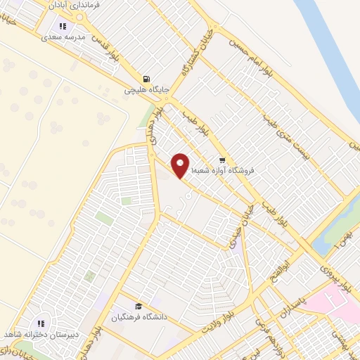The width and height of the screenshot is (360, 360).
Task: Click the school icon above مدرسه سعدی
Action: click(x=64, y=26)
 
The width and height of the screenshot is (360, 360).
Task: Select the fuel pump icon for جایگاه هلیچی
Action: click(x=146, y=79)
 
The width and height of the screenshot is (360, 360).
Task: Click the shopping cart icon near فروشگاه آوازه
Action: click(x=222, y=160)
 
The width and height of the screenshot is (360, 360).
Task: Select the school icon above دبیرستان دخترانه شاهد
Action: click(x=41, y=323)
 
